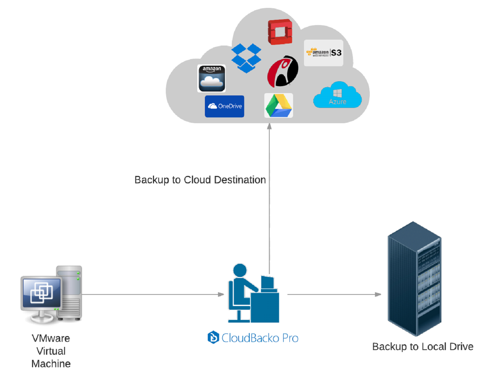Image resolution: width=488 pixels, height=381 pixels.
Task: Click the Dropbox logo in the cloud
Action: [246, 58]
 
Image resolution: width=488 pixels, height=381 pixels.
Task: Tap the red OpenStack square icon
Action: [280, 32]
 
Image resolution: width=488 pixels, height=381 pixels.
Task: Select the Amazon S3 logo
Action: [323, 53]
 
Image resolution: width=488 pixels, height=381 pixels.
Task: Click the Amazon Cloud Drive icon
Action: [211, 79]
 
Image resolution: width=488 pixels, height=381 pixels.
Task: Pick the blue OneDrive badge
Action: [224, 106]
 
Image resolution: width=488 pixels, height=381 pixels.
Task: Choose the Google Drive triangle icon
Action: [279, 106]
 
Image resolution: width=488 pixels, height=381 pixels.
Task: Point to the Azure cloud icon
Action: [337, 96]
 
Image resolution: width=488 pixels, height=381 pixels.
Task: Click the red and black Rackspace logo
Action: [282, 71]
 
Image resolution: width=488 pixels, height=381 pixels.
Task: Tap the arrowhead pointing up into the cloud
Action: [269, 126]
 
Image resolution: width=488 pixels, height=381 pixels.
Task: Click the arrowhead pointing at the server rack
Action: [378, 294]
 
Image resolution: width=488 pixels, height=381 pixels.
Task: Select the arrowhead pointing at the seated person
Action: [221, 294]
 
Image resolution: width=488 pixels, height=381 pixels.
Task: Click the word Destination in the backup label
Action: [240, 180]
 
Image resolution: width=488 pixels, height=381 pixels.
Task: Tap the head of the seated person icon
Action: [240, 270]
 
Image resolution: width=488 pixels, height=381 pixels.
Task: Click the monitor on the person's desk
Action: [267, 283]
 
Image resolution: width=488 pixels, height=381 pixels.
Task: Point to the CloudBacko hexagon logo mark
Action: [213, 337]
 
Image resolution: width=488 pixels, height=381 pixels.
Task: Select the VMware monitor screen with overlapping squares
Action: [42, 293]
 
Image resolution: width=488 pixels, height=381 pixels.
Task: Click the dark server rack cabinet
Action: [414, 279]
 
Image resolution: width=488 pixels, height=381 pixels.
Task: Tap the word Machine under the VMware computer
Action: [51, 364]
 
